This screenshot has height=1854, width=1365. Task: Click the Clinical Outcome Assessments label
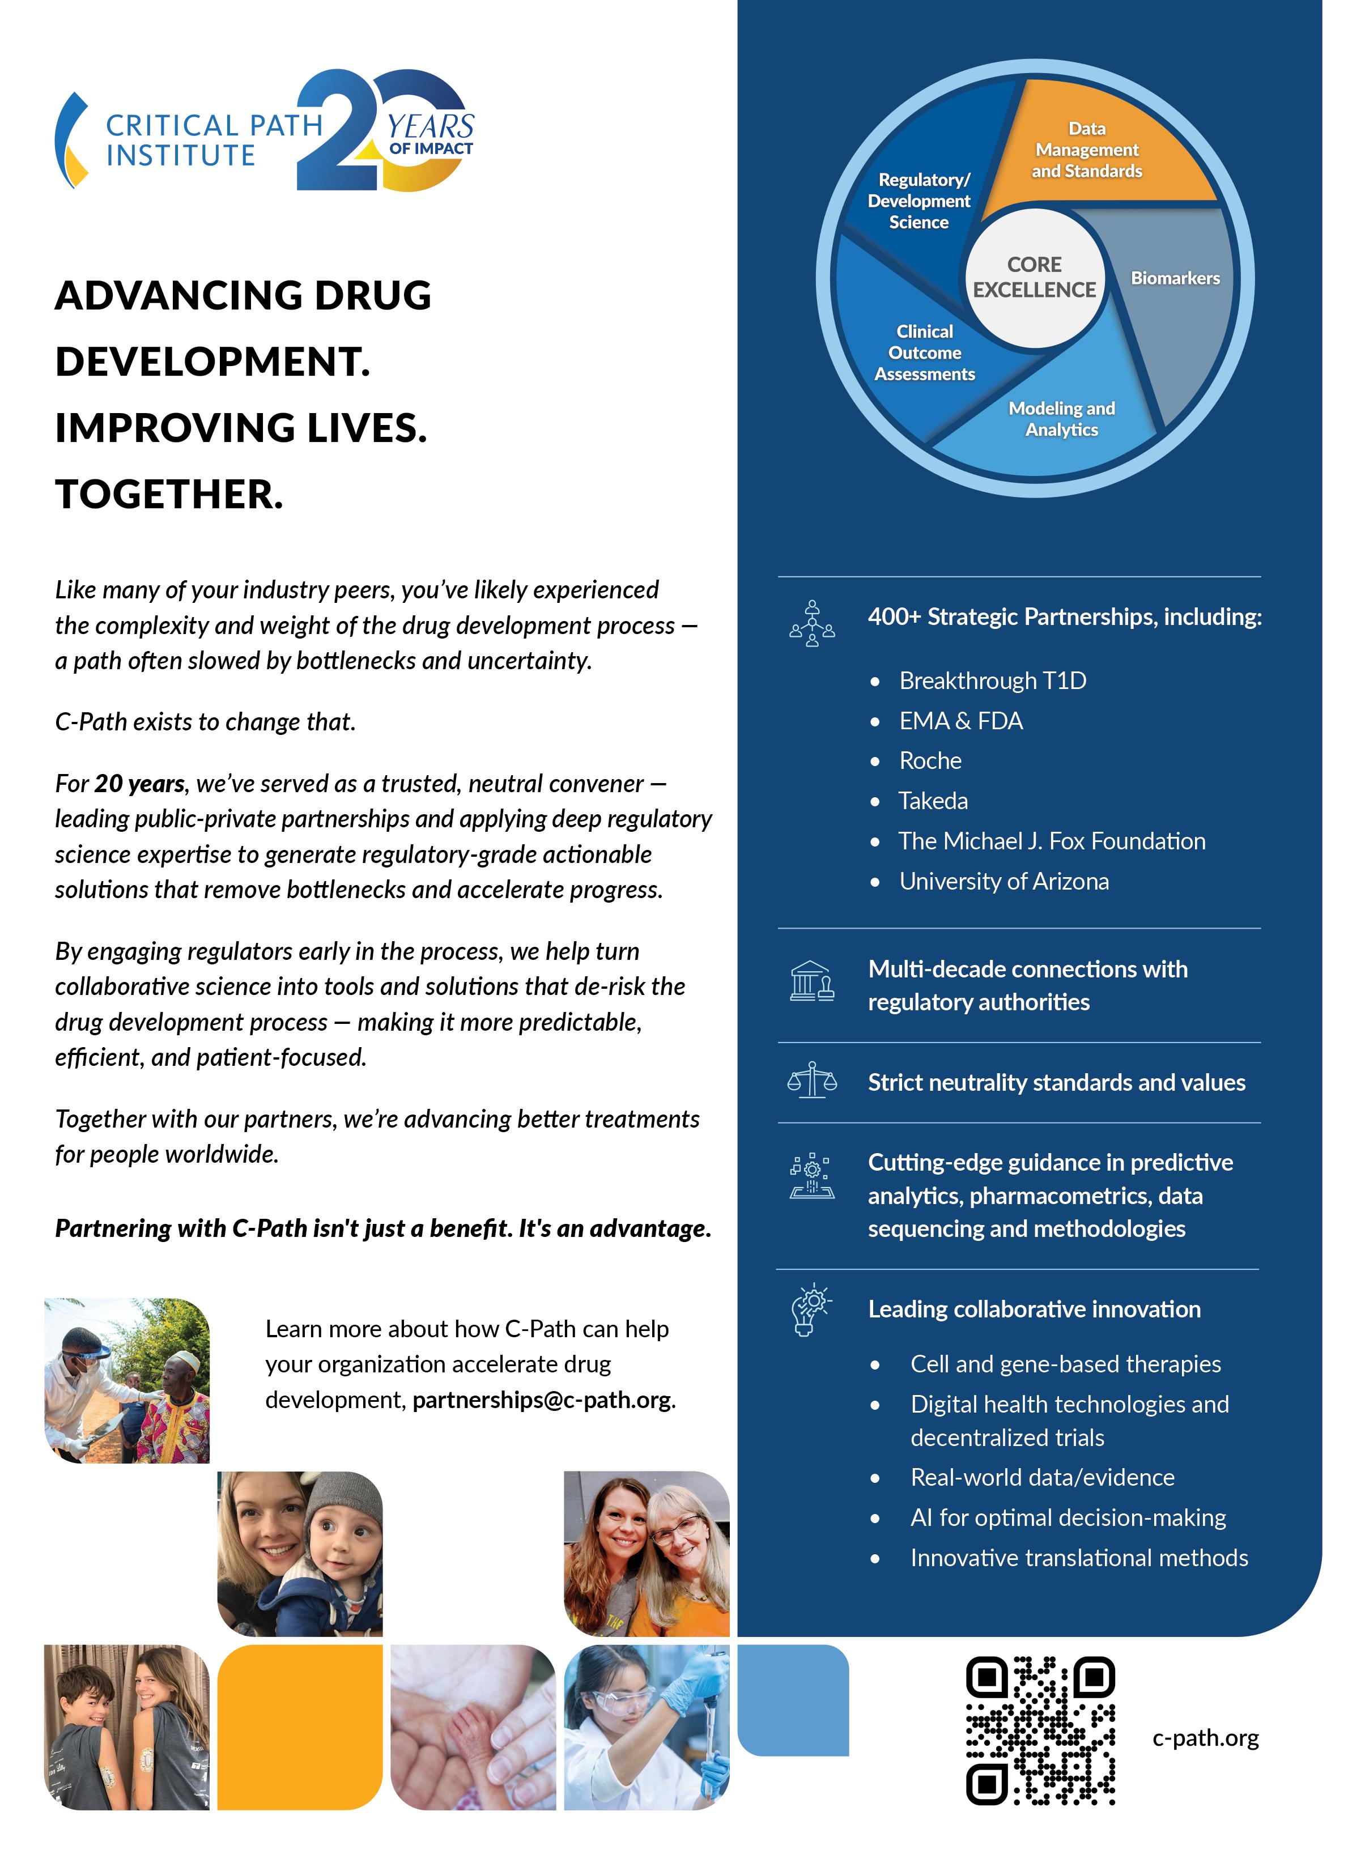[925, 353]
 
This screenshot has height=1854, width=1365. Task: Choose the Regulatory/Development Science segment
[919, 201]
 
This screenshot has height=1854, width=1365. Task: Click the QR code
[1040, 1729]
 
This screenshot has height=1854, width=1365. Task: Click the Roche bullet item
[930, 761]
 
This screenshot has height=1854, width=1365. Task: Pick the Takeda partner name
[933, 801]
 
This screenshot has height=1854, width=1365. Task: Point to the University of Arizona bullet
[1004, 882]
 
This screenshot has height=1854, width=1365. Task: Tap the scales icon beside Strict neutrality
[812, 1080]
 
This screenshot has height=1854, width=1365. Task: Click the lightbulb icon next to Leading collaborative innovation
[811, 1309]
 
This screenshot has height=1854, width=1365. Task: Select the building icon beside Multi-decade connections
[812, 981]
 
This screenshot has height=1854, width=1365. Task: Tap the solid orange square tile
[300, 1727]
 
